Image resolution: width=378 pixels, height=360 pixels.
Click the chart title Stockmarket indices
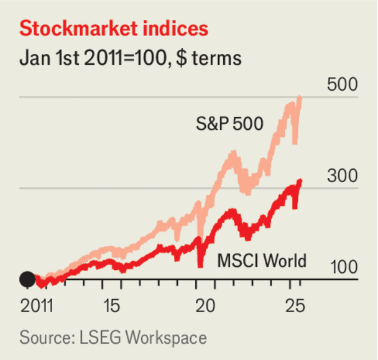(114, 29)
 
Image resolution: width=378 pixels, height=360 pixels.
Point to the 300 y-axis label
(342, 177)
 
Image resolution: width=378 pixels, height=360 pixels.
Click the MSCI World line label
(262, 260)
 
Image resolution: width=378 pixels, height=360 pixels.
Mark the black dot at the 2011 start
(27, 279)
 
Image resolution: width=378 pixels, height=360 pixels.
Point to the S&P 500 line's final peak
(301, 98)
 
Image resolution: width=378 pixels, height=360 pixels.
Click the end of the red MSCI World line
(301, 181)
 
